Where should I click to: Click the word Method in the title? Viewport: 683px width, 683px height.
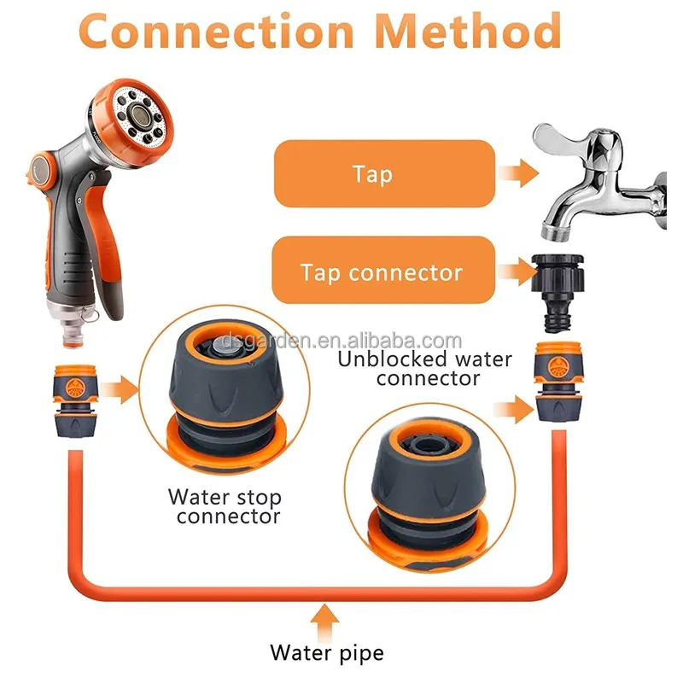point(469,32)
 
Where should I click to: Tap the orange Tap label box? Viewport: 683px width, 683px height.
point(383,174)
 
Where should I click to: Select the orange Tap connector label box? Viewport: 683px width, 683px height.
point(383,273)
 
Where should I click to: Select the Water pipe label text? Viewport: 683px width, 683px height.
point(326,653)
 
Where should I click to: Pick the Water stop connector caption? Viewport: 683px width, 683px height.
point(224,506)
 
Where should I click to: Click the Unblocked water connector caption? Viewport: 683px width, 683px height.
point(424,367)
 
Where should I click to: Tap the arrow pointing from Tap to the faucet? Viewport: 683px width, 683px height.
point(518,174)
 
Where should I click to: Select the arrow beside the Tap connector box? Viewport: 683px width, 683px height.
point(513,273)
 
